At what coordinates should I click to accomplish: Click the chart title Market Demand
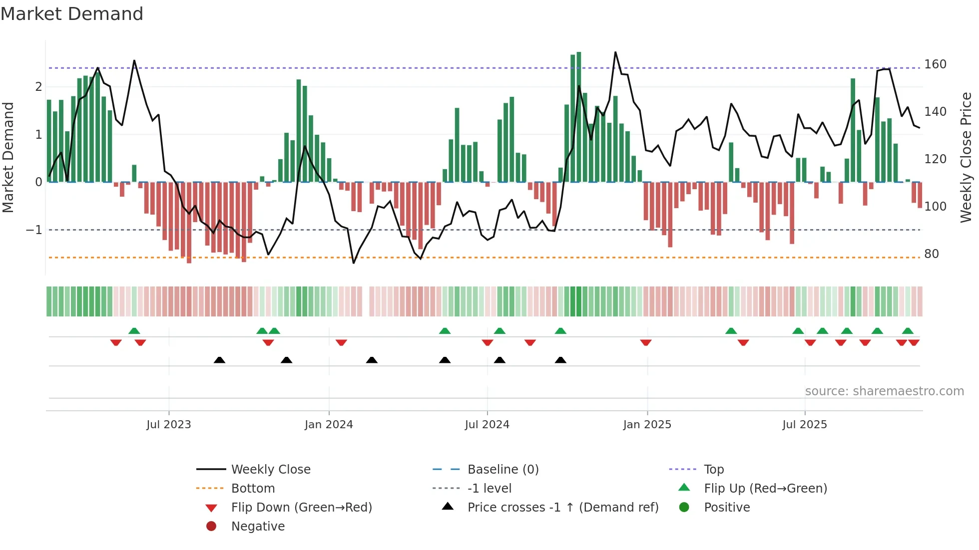coord(72,14)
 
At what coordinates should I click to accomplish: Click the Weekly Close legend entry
coord(270,469)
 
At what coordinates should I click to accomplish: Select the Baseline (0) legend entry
coord(502,469)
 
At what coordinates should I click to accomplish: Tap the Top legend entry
coord(713,469)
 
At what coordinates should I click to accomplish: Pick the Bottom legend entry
coord(253,488)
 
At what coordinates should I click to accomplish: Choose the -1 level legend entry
coord(489,488)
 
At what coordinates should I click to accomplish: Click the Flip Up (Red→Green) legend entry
coord(765,488)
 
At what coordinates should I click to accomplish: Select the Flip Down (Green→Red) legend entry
coord(301,507)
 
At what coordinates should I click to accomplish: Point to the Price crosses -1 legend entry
coord(562,507)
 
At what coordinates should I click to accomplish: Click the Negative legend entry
coord(258,526)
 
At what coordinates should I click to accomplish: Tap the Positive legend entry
coord(727,507)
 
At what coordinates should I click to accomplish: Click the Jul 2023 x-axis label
coord(169,424)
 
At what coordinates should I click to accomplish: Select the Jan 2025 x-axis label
coord(647,424)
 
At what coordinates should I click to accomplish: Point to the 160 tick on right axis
coord(935,64)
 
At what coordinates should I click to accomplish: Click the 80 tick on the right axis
coord(931,254)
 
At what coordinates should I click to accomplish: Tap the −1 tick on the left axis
coord(34,230)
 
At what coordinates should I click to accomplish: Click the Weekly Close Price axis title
coord(966,157)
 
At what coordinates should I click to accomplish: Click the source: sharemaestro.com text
coord(884,391)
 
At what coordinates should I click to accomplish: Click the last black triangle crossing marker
coord(560,360)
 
